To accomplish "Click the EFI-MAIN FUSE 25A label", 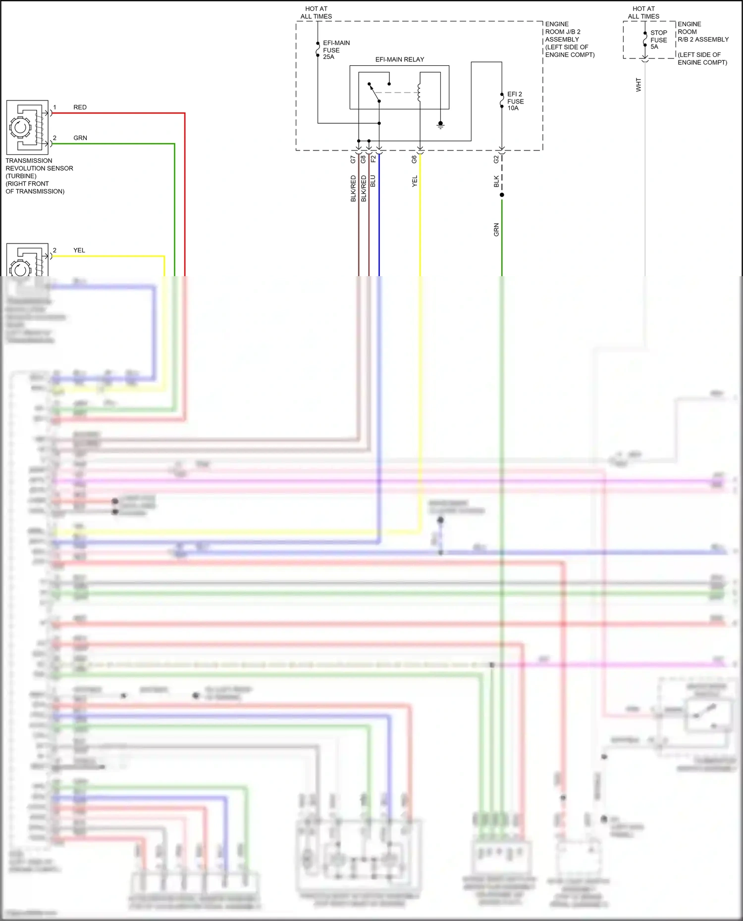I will pos(336,50).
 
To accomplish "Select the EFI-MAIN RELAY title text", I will pos(399,59).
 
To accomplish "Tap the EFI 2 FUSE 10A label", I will pos(515,101).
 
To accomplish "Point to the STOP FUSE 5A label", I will pos(658,40).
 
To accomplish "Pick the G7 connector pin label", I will pos(353,159).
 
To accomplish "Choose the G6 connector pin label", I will pos(414,159).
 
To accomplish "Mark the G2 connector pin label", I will pos(496,159).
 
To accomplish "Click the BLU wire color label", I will pos(373,181).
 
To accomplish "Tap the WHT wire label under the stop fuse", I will pos(638,85).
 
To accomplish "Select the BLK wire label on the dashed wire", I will pos(496,182).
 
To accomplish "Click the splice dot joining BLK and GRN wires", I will pos(502,195).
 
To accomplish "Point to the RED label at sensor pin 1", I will pos(80,107).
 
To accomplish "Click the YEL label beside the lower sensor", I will pos(79,250).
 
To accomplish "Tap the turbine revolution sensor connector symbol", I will pos(27,127).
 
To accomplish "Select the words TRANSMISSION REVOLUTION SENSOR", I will pos(39,164).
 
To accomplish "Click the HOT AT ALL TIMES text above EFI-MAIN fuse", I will pos(316,12).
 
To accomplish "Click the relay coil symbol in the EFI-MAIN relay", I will pos(419,93).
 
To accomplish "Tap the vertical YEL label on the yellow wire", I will pos(415,181).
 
